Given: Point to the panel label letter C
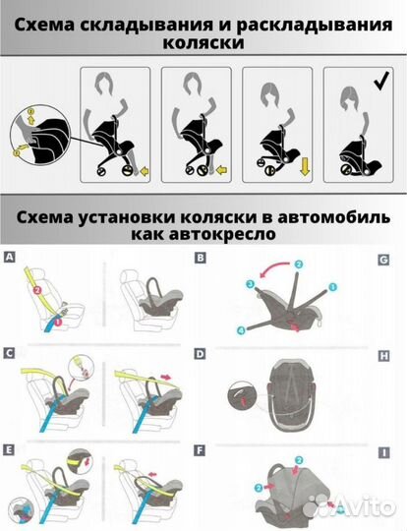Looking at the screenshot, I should pos(9,351).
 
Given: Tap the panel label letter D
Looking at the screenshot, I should pos(201,351).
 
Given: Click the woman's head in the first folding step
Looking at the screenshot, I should pos(100,83).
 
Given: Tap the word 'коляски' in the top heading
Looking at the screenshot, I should pos(203,43).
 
